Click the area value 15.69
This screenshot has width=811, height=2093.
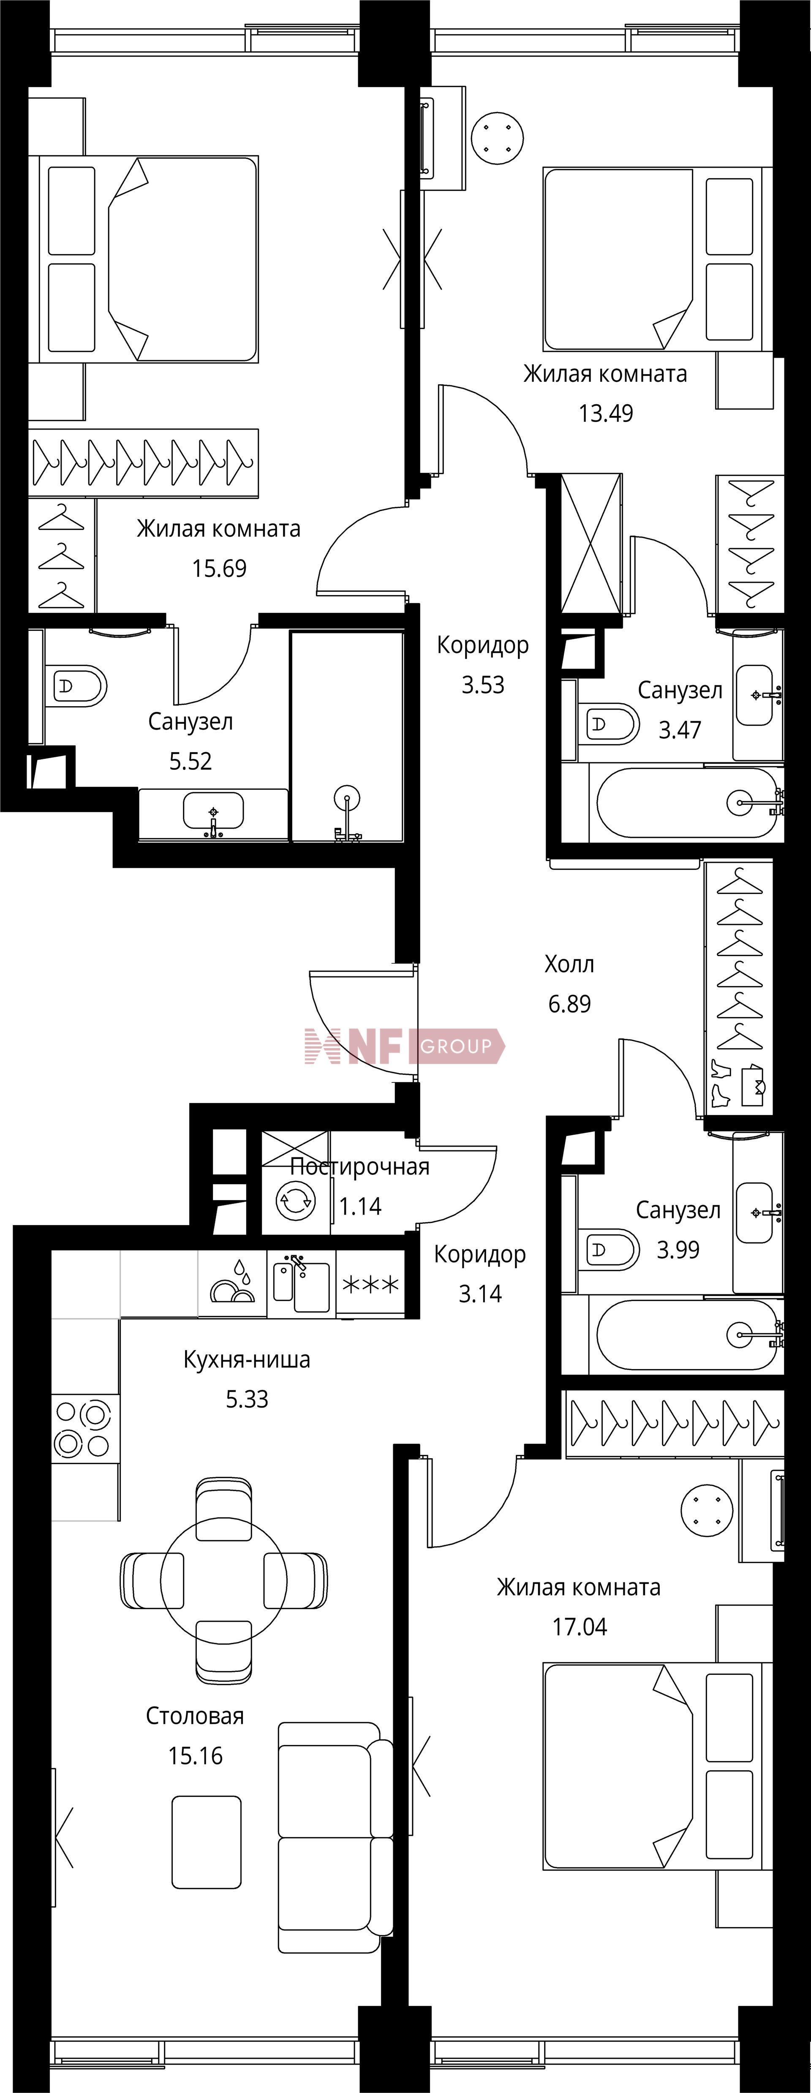[219, 568]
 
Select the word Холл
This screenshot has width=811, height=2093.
[569, 965]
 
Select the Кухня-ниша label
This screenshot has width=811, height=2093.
[247, 1359]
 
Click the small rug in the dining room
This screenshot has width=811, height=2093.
[207, 1842]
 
